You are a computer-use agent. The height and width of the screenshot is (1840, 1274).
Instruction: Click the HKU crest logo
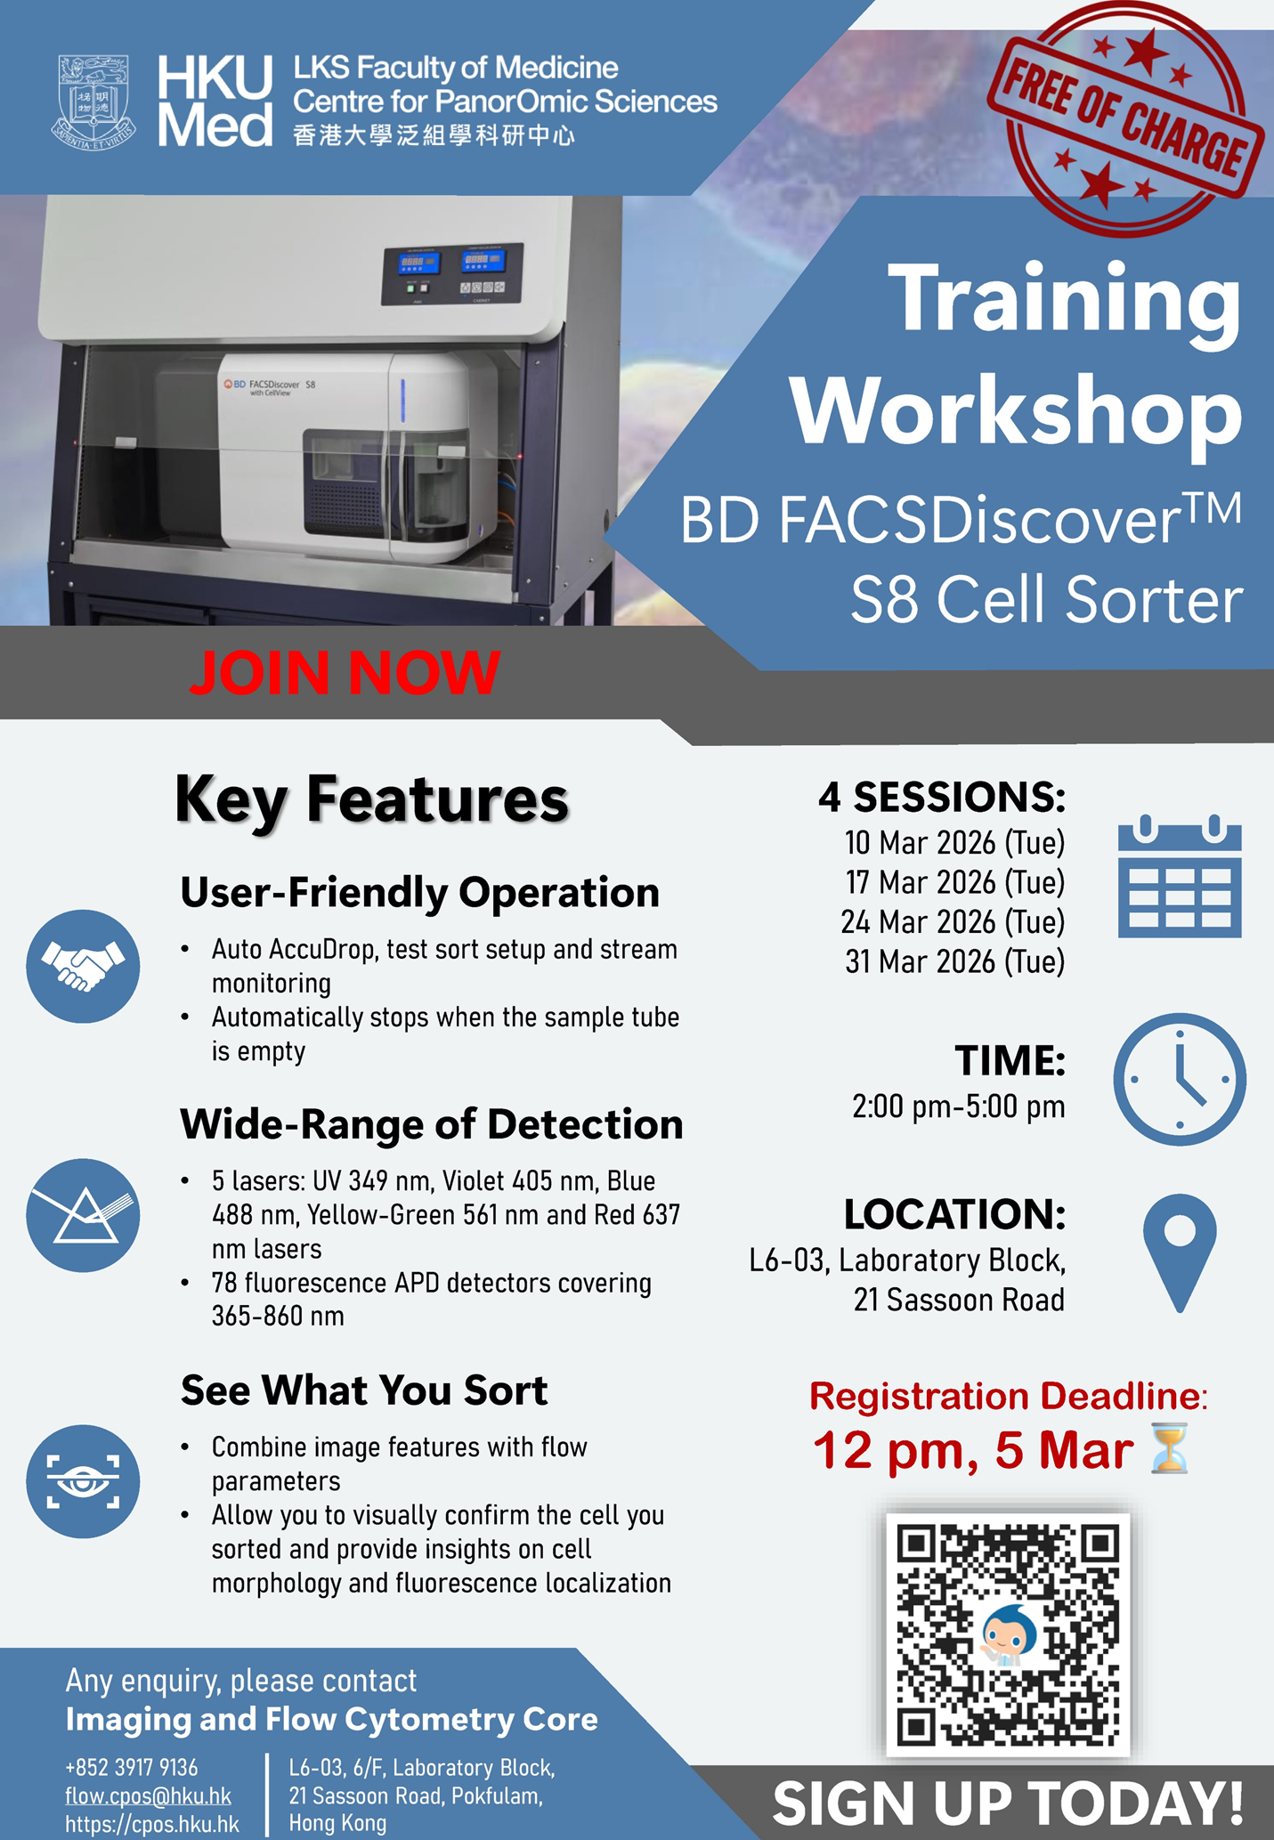click(x=93, y=101)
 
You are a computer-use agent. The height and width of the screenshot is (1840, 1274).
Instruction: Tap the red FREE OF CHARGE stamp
click(x=1125, y=119)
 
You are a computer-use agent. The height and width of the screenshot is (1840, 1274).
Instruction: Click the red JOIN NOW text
click(x=345, y=672)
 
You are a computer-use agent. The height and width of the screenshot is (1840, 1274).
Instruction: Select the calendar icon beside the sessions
click(x=1180, y=876)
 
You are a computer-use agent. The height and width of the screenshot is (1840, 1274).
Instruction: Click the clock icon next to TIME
click(x=1180, y=1079)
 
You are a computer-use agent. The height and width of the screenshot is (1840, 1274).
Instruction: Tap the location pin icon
click(x=1180, y=1253)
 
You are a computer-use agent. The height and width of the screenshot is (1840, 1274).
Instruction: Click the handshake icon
click(x=83, y=966)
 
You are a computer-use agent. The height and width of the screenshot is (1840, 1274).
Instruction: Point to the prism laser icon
click(x=83, y=1215)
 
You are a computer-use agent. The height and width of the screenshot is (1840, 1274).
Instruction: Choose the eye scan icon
click(x=83, y=1481)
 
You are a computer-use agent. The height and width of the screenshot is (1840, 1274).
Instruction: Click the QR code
click(x=1008, y=1634)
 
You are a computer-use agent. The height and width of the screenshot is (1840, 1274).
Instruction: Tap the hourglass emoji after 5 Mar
click(x=1170, y=1449)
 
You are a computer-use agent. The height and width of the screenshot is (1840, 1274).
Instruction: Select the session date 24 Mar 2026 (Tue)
click(x=953, y=922)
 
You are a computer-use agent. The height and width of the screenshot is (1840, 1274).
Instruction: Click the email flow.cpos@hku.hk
click(x=148, y=1796)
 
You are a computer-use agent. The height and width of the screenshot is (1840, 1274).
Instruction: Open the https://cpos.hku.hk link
click(x=152, y=1824)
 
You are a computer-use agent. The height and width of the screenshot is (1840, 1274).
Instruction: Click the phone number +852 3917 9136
click(x=132, y=1768)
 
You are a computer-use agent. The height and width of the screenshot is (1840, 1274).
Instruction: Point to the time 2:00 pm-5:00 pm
click(x=959, y=1106)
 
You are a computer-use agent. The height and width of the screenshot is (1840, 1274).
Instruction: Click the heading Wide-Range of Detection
click(x=432, y=1124)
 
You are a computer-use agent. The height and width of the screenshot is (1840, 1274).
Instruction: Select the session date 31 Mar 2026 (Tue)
click(x=955, y=962)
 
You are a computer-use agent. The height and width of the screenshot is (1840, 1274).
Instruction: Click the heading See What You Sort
click(x=364, y=1390)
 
